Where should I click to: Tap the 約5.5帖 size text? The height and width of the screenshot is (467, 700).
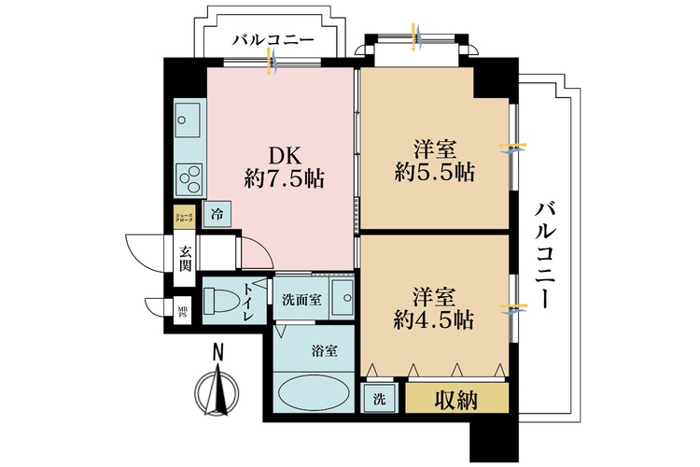434,173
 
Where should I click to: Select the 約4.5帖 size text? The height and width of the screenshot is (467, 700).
434,320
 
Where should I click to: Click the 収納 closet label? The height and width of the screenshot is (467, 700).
457,400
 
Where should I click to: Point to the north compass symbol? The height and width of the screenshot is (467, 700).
218,389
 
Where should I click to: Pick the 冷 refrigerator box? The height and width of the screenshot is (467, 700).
217,214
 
